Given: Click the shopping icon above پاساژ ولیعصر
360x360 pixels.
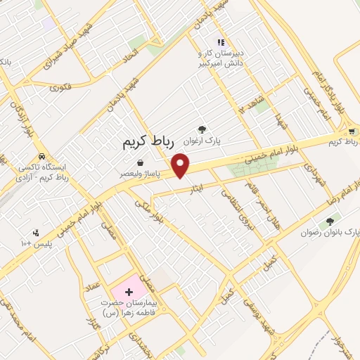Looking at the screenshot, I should click(141, 163).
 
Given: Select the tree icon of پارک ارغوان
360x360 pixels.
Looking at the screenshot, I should click(202, 129).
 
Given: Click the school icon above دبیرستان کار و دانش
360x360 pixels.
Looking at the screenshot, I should click(221, 42).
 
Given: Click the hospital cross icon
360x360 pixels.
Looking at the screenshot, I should click(128, 290).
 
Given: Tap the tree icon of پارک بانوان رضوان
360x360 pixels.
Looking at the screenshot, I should click(329, 219).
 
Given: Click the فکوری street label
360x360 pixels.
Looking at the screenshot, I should click(63, 88).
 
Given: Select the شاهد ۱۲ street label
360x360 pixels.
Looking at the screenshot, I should click(251, 103).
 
